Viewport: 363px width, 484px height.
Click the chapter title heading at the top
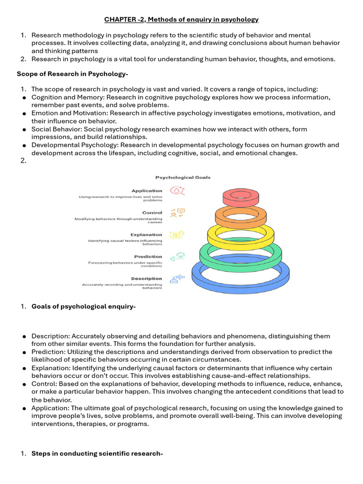pyautogui.click(x=181, y=19)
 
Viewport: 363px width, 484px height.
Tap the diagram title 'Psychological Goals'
pyautogui.click(x=183, y=178)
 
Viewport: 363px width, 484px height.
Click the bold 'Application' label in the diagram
pyautogui.click(x=147, y=191)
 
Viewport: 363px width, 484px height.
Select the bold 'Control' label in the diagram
pyautogui.click(x=152, y=213)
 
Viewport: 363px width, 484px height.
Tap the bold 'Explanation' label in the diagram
pyautogui.click(x=146, y=234)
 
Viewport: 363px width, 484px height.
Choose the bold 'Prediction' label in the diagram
pyautogui.click(x=148, y=257)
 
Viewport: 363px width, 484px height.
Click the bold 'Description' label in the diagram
pyautogui.click(x=147, y=278)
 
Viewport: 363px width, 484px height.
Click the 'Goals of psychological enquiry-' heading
pyautogui.click(x=83, y=307)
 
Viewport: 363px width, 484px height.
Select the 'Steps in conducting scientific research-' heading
pyautogui.click(x=97, y=454)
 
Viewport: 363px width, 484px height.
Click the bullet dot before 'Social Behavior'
pyautogui.click(x=24, y=130)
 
